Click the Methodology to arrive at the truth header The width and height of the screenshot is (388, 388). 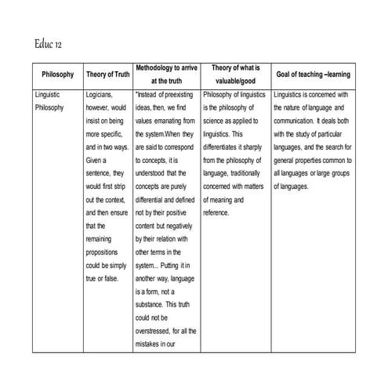click(x=165, y=74)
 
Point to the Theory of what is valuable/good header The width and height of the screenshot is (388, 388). click(x=235, y=74)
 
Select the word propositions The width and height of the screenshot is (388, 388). click(x=103, y=254)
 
